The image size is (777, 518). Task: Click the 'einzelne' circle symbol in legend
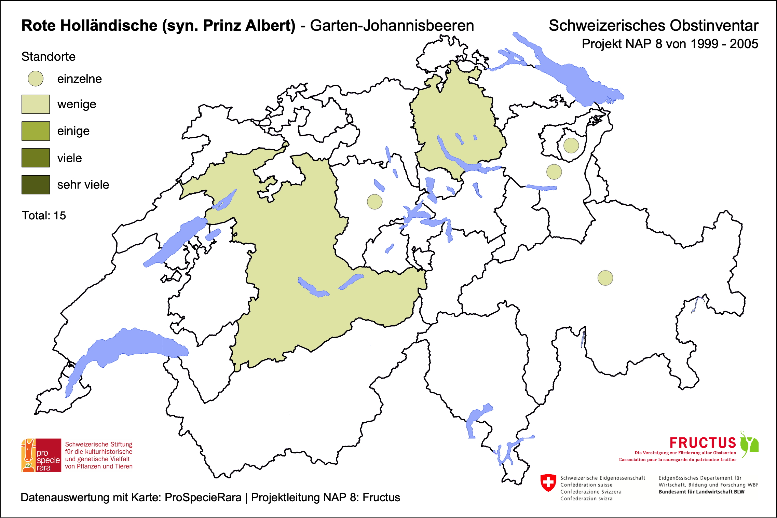(x=36, y=79)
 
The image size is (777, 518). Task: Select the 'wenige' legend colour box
(x=36, y=104)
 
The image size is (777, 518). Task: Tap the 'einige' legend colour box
(x=36, y=131)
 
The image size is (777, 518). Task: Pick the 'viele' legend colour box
(x=36, y=158)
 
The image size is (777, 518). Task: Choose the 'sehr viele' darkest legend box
(x=36, y=185)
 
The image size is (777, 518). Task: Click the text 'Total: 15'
(x=44, y=216)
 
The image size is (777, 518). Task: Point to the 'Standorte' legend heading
(x=48, y=57)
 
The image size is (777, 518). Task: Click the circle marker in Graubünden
(x=605, y=278)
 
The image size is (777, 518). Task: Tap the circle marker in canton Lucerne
(x=374, y=202)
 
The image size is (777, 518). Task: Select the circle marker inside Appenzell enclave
(x=571, y=145)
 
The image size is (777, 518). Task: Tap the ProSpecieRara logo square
(x=41, y=455)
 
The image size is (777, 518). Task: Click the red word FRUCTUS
(x=703, y=443)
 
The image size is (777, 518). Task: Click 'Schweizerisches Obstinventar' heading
(x=653, y=26)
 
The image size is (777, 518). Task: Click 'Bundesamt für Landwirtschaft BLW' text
(x=701, y=492)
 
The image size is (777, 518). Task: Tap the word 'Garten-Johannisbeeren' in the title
(x=392, y=26)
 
